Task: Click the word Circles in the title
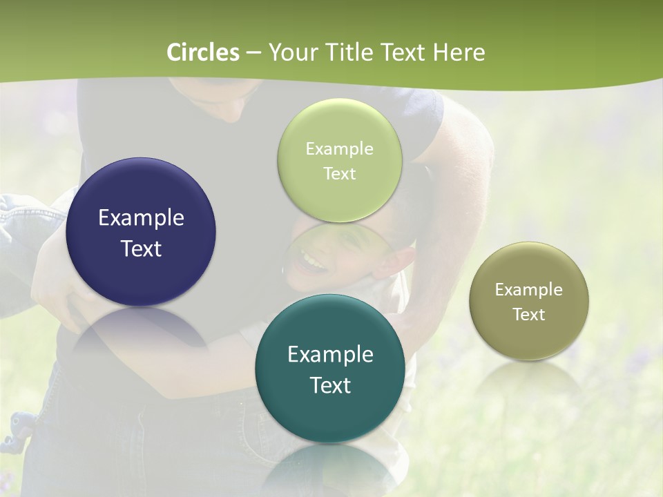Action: coord(203,52)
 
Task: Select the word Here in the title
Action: coord(459,52)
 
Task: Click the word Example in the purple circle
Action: coord(141,218)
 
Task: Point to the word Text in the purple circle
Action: coord(141,248)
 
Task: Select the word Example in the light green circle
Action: coord(340,149)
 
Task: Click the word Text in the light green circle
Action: coord(340,174)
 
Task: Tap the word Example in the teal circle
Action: coord(330,355)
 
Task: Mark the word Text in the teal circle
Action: coord(330,385)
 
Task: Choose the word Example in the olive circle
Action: coord(529,290)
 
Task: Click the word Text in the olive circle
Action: coord(529,315)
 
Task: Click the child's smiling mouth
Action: coord(312,263)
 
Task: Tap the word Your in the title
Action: coord(290,52)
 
